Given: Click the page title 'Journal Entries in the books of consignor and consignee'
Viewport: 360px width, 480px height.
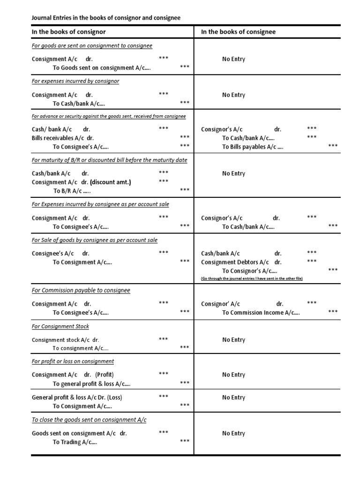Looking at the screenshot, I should coord(105,18).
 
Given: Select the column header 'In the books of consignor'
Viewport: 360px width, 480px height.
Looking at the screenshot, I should coord(68,32).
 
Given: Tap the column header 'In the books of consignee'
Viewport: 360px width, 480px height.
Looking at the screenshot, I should coord(238,32).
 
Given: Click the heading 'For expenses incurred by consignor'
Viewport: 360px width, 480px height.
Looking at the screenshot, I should coord(75,81).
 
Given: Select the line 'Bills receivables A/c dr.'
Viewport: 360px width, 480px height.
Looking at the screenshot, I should coord(63,138).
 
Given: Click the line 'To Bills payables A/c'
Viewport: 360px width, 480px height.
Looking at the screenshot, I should coord(253,147).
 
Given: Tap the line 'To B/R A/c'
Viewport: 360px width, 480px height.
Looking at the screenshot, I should coord(72,191).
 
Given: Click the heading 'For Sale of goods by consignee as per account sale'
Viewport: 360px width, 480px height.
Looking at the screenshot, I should coord(95,240).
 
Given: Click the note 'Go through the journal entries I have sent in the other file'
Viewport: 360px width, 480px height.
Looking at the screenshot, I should coord(252,278).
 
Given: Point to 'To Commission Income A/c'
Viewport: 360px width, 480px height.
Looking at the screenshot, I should coord(261,313).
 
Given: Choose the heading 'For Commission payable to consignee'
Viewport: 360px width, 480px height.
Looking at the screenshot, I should coord(81,290).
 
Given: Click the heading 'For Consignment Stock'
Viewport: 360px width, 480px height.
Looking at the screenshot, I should coord(60,326).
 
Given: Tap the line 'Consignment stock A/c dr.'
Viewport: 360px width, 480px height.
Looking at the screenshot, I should coord(65,340).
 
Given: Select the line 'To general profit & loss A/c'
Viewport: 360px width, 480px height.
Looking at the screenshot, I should coord(91,384).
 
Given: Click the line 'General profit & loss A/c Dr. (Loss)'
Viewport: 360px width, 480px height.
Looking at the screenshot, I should coord(77,397).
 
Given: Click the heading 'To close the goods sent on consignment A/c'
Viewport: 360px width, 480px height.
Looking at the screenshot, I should coord(89,420).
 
